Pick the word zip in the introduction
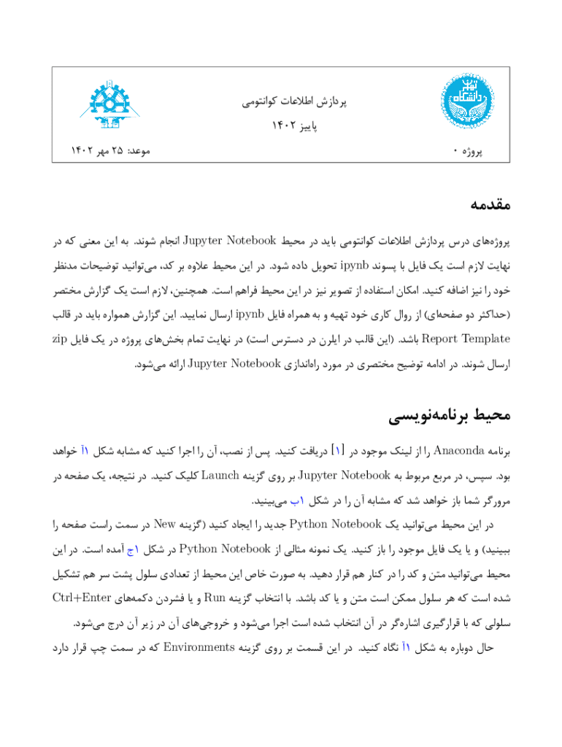coord(64,338)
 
